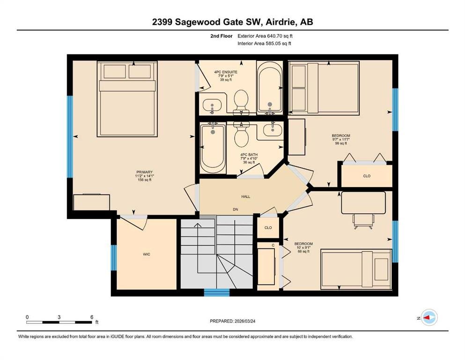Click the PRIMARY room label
coord(144,172)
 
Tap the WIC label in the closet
coord(147,254)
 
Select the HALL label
coord(245,196)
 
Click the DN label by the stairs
coord(236,210)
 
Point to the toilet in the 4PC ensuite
coord(241,102)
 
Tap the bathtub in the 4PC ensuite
coord(270,87)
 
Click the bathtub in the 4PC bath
coord(213,148)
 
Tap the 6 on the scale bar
coord(92,317)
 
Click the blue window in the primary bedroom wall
coord(70,136)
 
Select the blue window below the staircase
coord(217,292)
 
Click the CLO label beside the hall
coord(268,228)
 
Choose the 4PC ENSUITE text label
coord(226,72)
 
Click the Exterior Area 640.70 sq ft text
coord(265,36)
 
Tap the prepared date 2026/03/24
coord(244,321)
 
